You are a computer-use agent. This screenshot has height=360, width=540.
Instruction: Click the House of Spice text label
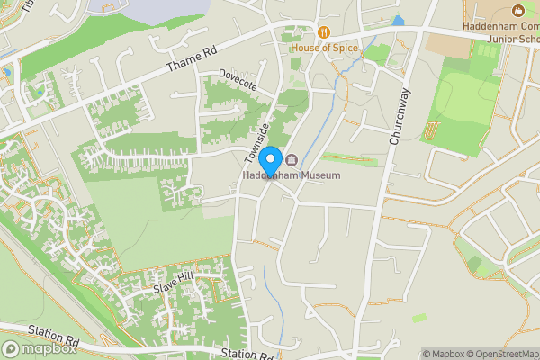tap(323, 48)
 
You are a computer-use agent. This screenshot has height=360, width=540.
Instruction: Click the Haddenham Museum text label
tap(292, 175)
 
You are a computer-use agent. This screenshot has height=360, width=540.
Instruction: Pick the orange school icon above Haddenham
tap(517, 12)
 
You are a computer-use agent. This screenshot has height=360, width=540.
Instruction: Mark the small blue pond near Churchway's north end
tap(398, 21)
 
